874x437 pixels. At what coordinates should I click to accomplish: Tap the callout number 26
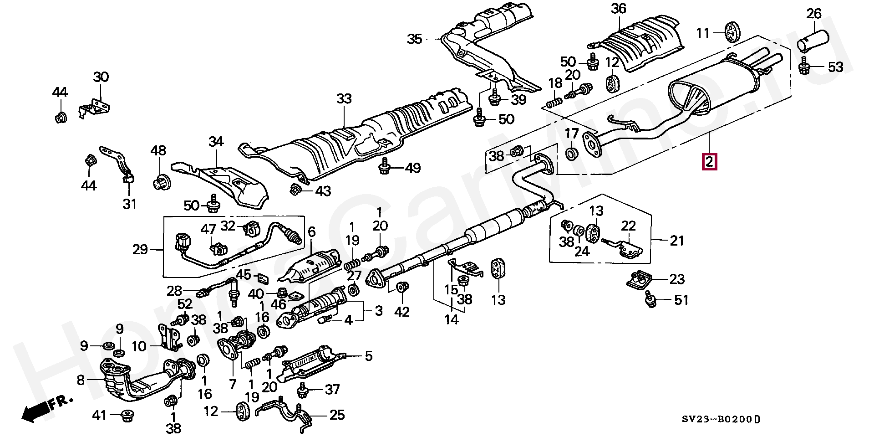(814, 14)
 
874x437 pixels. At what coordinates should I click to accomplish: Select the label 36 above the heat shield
(619, 9)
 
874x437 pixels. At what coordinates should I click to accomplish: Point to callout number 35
(415, 39)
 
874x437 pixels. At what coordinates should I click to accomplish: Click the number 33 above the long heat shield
(345, 98)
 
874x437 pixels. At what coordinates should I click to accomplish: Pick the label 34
(216, 142)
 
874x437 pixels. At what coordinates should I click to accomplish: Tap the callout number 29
(141, 249)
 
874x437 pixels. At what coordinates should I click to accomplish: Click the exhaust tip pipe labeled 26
(813, 40)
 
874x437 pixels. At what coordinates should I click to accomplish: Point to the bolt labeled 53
(805, 67)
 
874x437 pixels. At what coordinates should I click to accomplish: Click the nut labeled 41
(126, 415)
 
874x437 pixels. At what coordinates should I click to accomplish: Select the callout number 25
(337, 415)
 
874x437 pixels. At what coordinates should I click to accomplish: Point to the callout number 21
(677, 240)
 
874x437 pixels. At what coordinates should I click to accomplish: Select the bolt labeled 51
(651, 299)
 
